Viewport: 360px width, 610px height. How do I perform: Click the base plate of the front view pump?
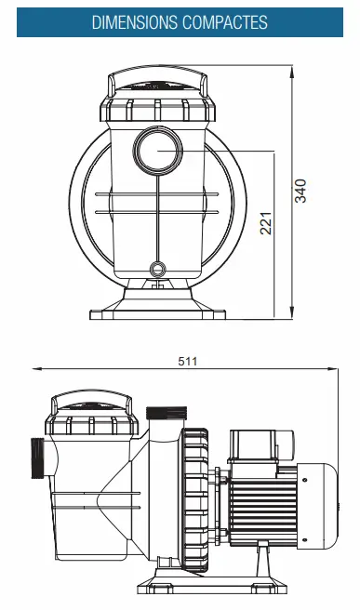pos(155,312)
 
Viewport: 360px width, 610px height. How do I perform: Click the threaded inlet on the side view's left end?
pos(37,457)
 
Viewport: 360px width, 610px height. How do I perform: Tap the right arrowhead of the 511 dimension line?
pos(336,369)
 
